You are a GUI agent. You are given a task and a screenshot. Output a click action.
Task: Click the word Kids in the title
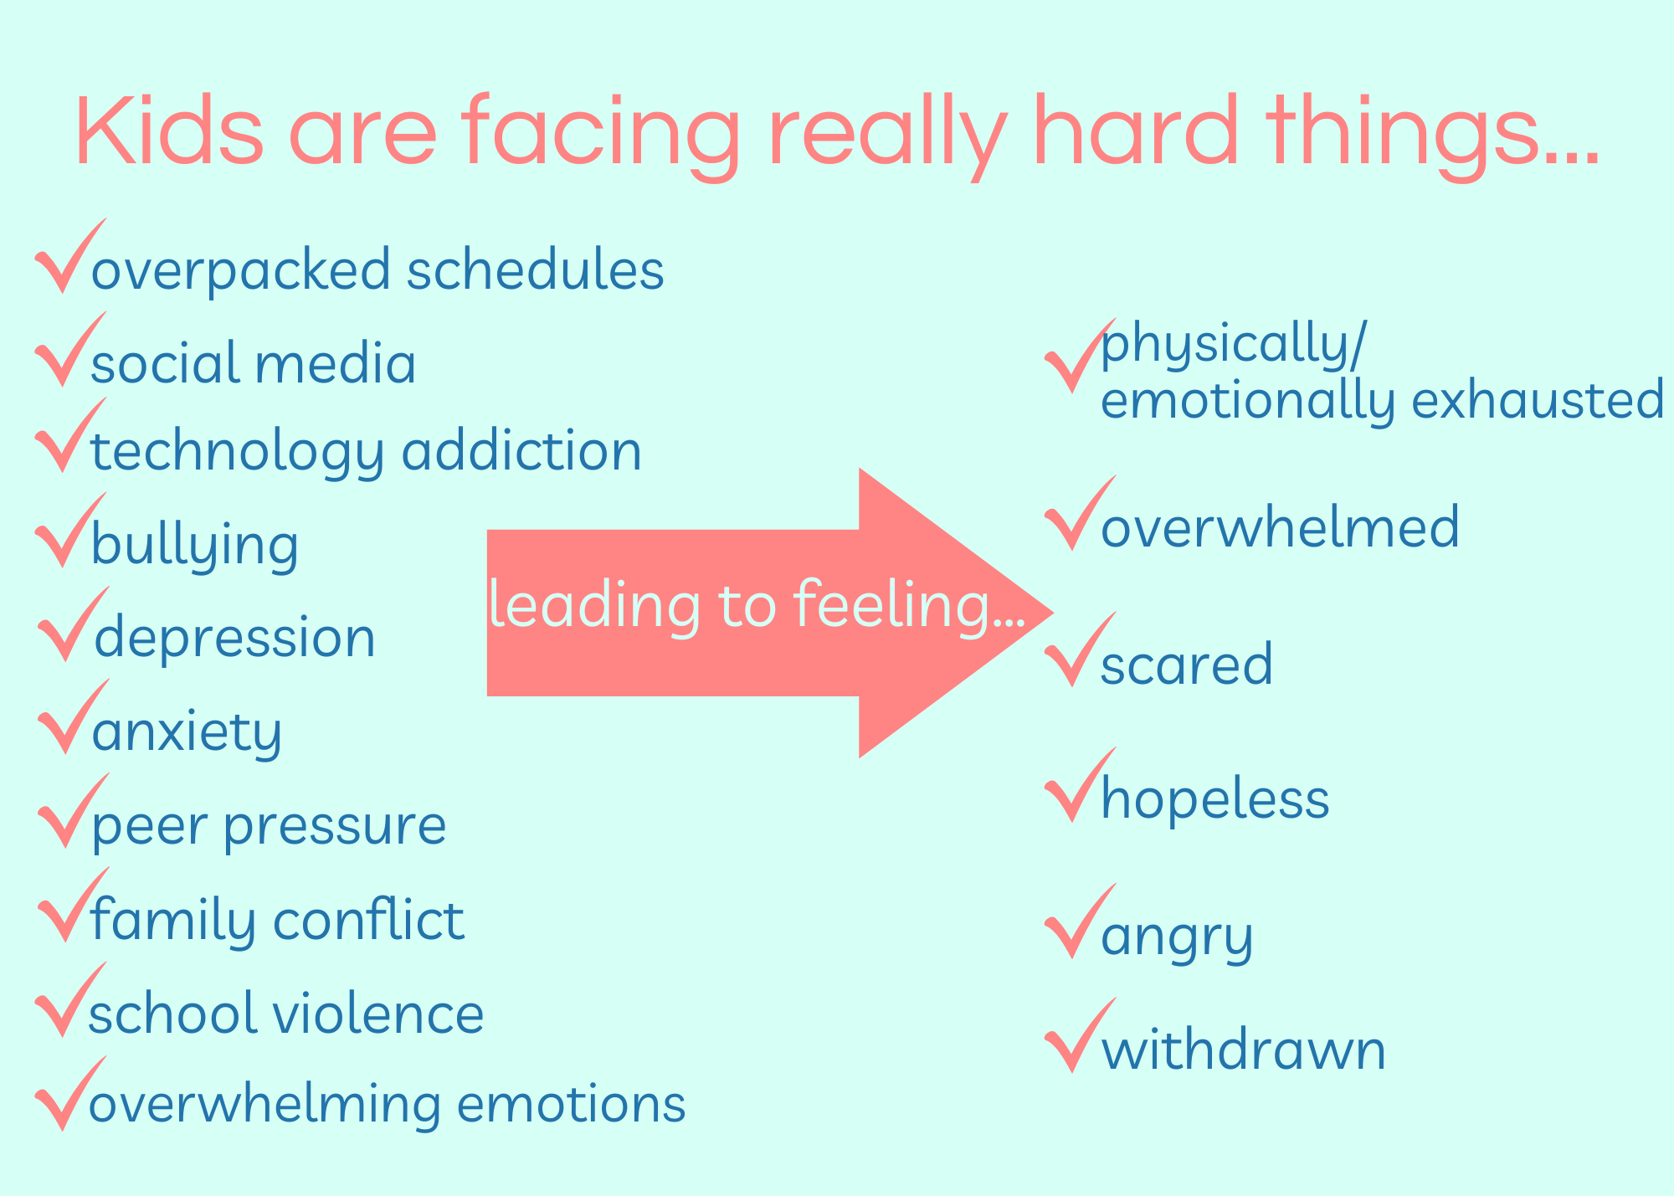[x=170, y=131]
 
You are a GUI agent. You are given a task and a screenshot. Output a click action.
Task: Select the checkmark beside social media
[x=71, y=349]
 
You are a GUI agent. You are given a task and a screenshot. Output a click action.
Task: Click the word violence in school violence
[x=379, y=1013]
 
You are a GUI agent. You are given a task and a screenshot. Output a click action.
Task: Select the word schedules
[x=536, y=269]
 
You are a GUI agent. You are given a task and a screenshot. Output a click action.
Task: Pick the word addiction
[x=521, y=450]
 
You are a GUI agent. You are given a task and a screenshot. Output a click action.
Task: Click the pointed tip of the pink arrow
[x=1052, y=613]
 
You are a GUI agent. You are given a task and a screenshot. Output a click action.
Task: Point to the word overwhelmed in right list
[x=1280, y=526]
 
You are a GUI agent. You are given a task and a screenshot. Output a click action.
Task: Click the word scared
[x=1187, y=665]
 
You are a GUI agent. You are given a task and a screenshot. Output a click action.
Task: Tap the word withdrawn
[x=1244, y=1049]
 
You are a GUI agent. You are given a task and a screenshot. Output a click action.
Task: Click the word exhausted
[x=1538, y=398]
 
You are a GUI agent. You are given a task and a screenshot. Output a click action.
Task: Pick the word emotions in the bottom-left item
[x=572, y=1104]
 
